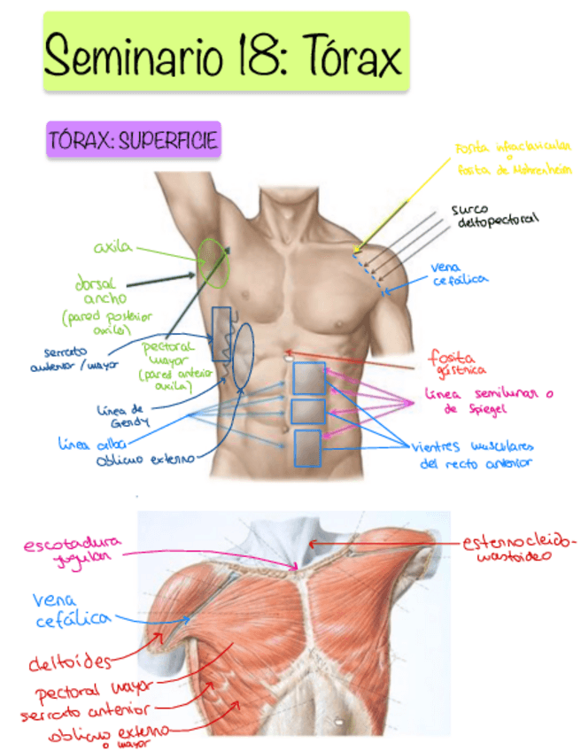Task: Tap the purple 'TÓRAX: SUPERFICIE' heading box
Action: click(133, 140)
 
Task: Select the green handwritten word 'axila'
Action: click(112, 247)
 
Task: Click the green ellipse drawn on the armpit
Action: click(213, 263)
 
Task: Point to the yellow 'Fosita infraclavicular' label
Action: click(513, 158)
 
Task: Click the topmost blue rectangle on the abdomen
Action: click(309, 378)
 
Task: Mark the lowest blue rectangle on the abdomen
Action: click(307, 448)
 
